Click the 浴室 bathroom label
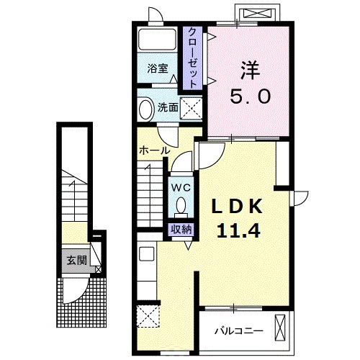pyautogui.click(x=158, y=69)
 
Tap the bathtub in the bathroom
pyautogui.click(x=158, y=40)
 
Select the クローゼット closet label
pyautogui.click(x=193, y=58)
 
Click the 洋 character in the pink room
pyautogui.click(x=251, y=71)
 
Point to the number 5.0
pyautogui.click(x=251, y=96)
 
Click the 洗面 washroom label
pyautogui.click(x=168, y=108)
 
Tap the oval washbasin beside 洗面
pyautogui.click(x=146, y=109)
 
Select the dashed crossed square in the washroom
pyautogui.click(x=192, y=108)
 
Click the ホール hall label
pyautogui.click(x=155, y=150)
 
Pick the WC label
pyautogui.click(x=181, y=188)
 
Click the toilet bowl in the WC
pyautogui.click(x=181, y=206)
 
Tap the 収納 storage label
pyautogui.click(x=181, y=230)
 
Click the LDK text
pyautogui.click(x=236, y=207)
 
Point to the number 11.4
pyautogui.click(x=238, y=230)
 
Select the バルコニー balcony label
pyautogui.click(x=238, y=331)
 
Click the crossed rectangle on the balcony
pyautogui.click(x=280, y=328)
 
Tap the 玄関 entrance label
pyautogui.click(x=76, y=260)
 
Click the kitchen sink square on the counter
pyautogui.click(x=147, y=254)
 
